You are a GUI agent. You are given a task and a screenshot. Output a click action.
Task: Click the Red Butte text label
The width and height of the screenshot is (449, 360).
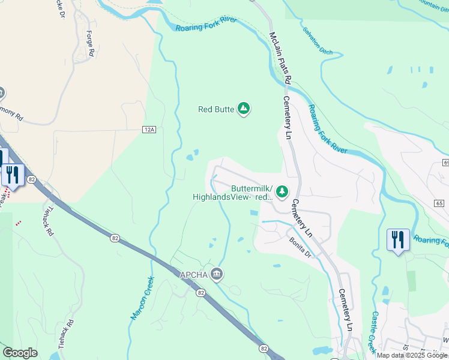tap(216, 109)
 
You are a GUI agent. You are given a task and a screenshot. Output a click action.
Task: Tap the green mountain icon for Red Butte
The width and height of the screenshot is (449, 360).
tap(244, 109)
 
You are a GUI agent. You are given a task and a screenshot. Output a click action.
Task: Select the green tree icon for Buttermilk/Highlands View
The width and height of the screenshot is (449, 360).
tap(281, 191)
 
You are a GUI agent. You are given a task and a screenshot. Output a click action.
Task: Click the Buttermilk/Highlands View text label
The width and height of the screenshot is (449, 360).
tap(233, 192)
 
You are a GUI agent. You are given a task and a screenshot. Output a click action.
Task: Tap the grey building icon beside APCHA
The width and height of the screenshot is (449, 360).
tap(217, 275)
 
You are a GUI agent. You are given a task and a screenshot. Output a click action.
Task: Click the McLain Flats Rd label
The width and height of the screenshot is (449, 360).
tap(280, 58)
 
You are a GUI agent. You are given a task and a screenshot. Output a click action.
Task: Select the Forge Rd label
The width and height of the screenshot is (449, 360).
tap(91, 44)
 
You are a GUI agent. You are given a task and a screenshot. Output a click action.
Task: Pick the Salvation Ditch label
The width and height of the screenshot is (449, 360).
tap(318, 42)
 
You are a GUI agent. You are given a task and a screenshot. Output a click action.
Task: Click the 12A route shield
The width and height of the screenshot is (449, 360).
tap(149, 129)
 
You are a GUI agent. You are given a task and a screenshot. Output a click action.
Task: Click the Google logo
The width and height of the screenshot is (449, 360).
tap(20, 353)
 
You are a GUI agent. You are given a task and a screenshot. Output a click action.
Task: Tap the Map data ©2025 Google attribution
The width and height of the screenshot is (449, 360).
tap(412, 355)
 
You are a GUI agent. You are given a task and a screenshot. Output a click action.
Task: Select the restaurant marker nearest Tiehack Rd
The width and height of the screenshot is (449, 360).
tap(11, 175)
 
